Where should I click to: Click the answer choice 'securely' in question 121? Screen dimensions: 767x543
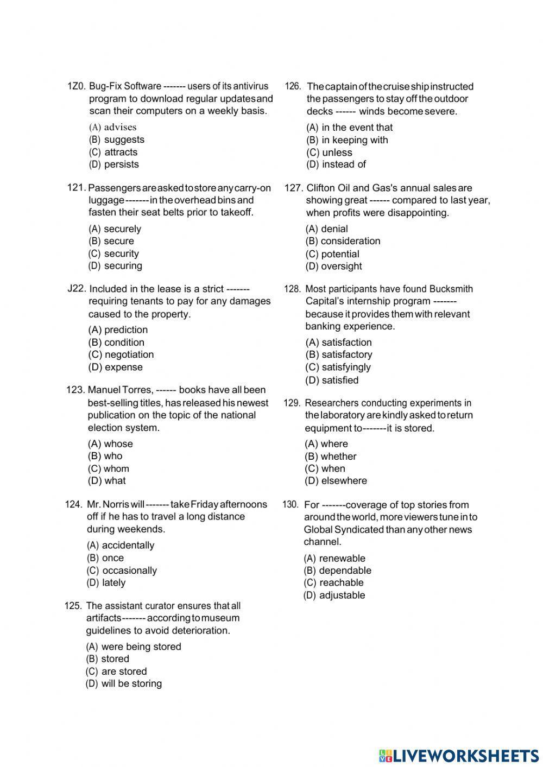pos(115,229)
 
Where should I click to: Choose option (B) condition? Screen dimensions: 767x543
pos(116,343)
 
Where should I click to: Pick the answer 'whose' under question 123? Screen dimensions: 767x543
pos(110,444)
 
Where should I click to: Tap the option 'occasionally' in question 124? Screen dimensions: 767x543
pos(122,571)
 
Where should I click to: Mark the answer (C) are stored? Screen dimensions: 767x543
pos(116,671)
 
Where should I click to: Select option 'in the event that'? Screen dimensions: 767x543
pos(349,128)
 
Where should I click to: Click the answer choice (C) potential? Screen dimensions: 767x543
pos(332,254)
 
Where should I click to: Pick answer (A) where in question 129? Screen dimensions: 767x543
pos(326,444)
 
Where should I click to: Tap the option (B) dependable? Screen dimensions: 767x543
pos(338,571)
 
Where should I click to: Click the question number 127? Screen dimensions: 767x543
pos(293,188)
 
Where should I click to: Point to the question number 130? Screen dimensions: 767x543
pos(291,505)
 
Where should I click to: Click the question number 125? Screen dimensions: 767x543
pos(73,606)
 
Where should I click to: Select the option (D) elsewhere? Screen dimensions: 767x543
pos(336,481)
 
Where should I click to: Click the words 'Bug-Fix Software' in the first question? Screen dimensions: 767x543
pos(125,86)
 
